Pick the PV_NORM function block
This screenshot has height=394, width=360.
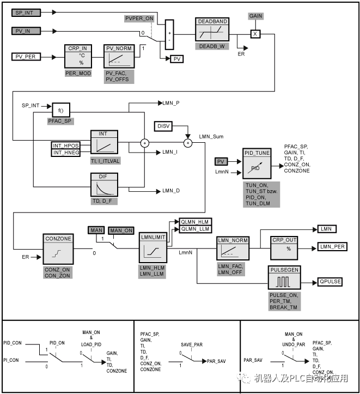(x=118, y=57)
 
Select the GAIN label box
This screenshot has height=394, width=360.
(x=255, y=16)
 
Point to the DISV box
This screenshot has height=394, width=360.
(x=163, y=126)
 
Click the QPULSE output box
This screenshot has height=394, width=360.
(x=329, y=282)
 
